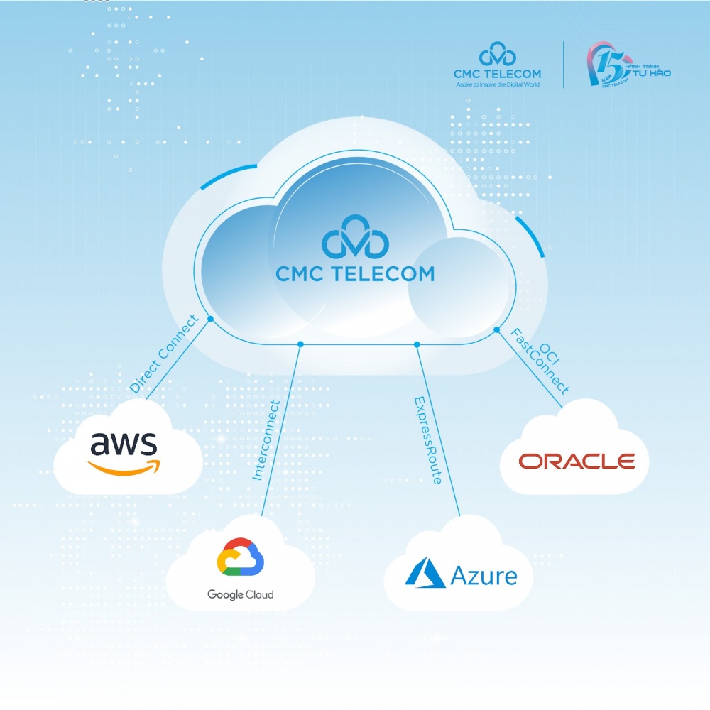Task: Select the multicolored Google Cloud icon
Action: point(240,556)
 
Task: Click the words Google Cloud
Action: point(240,594)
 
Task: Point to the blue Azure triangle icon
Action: point(425,573)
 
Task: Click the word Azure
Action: point(484,574)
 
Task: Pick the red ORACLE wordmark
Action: point(577,461)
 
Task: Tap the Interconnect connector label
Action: point(266,440)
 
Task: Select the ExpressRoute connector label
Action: point(427,440)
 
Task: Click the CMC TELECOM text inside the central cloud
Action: point(355,273)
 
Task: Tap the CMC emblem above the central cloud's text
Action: point(355,242)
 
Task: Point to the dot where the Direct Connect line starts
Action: point(210,319)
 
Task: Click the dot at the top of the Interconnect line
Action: point(300,344)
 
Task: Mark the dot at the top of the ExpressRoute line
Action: point(417,344)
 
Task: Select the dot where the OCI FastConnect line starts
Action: point(496,330)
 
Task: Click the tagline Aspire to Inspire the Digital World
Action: point(497,84)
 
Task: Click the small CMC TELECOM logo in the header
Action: point(497,64)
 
